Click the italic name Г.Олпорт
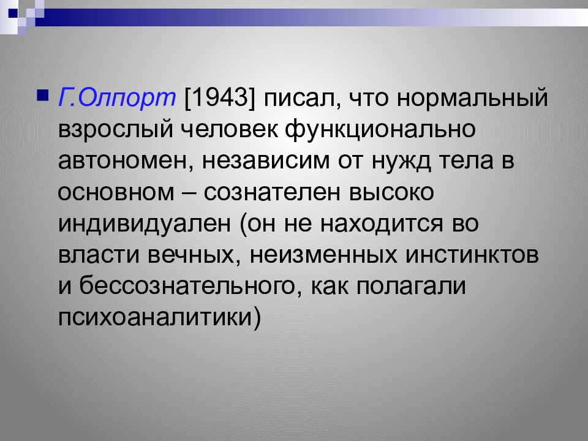point(117,97)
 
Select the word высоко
point(391,193)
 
